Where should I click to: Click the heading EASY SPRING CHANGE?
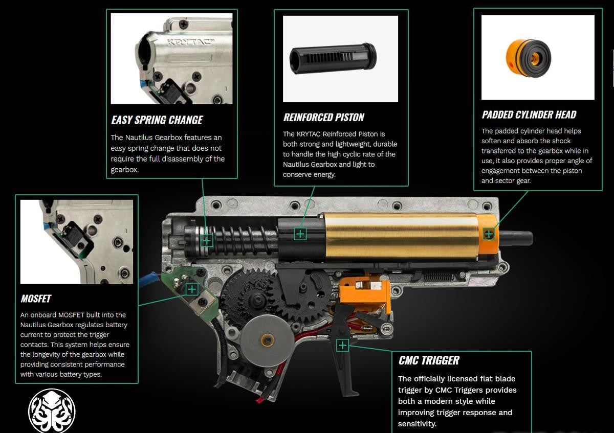[x=157, y=120]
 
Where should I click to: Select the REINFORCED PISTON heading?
[x=323, y=117]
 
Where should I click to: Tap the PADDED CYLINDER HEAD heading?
[x=529, y=115]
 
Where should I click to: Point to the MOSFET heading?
[x=36, y=299]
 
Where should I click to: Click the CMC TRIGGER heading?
[x=429, y=360]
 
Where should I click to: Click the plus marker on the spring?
[x=207, y=241]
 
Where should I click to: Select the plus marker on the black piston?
[x=300, y=234]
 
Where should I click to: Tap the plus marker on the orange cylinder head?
[x=489, y=234]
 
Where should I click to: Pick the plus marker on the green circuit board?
[x=192, y=289]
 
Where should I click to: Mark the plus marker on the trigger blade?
[x=342, y=346]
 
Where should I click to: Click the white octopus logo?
[x=52, y=412]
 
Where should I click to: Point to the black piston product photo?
[x=333, y=58]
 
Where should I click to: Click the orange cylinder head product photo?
[x=528, y=58]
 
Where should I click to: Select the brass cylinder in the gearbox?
[x=402, y=236]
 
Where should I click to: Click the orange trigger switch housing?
[x=364, y=294]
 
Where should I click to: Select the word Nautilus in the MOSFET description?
[x=33, y=325]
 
